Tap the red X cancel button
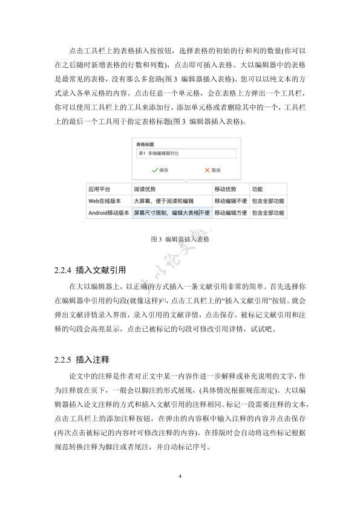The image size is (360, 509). [x=212, y=170]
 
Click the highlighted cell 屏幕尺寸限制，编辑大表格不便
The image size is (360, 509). [x=171, y=213]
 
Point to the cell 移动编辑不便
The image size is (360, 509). [x=230, y=201]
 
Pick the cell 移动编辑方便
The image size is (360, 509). [x=230, y=213]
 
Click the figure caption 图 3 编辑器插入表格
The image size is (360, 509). [x=180, y=239]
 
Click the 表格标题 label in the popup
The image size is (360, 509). [x=145, y=145]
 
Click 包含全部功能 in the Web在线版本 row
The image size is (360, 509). [x=268, y=201]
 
